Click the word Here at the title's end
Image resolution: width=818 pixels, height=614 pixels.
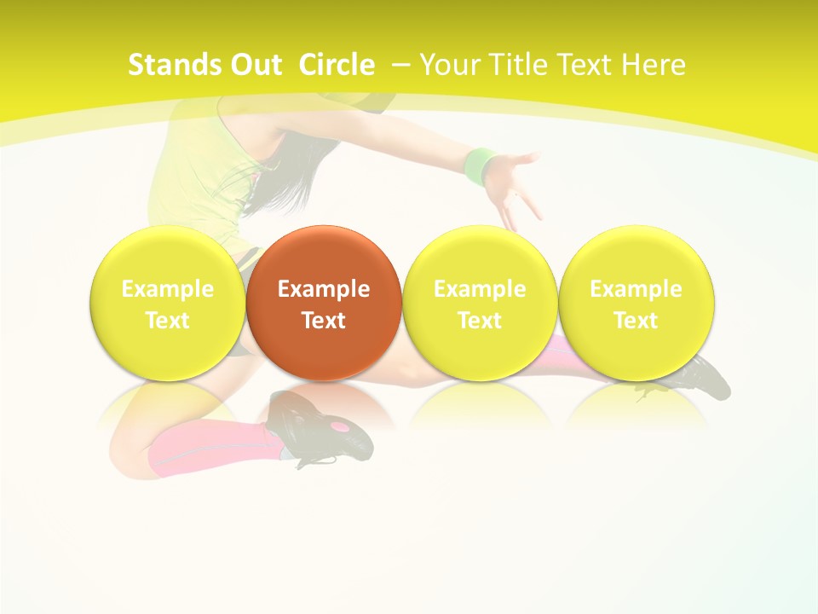[x=654, y=65]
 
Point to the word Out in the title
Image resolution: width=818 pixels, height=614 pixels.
[x=252, y=65]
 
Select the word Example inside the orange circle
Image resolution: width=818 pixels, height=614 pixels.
[x=323, y=289]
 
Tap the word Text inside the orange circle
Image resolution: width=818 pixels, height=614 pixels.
[x=323, y=321]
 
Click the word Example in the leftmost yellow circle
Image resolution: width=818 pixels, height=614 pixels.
[x=167, y=289]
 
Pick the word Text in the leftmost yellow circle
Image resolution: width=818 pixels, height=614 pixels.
[x=167, y=321]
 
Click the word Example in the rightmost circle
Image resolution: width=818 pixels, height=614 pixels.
[x=636, y=289]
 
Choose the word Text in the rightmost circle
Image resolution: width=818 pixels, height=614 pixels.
[x=636, y=321]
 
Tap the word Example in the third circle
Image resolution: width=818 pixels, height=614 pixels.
[x=480, y=289]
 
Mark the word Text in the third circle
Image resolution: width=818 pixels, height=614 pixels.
[x=480, y=321]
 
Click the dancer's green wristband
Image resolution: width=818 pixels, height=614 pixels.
[x=481, y=165]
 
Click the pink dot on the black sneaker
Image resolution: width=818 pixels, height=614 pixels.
[x=340, y=425]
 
